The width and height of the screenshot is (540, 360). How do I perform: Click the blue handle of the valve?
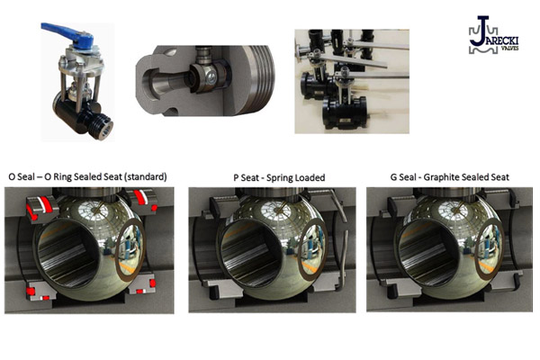click(x=69, y=35)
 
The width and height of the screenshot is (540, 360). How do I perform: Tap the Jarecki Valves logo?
click(x=493, y=35)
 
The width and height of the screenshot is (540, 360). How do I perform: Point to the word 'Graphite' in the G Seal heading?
click(x=441, y=177)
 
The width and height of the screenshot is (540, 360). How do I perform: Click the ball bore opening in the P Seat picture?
click(x=251, y=253)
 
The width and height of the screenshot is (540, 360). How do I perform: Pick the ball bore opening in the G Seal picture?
click(x=428, y=253)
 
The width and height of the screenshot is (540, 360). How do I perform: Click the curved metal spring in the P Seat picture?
click(x=341, y=238)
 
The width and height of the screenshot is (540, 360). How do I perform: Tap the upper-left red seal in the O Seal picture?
click(x=41, y=207)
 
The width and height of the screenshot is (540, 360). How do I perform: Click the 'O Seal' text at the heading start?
click(x=22, y=176)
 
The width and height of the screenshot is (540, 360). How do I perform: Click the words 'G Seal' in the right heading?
click(x=403, y=177)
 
